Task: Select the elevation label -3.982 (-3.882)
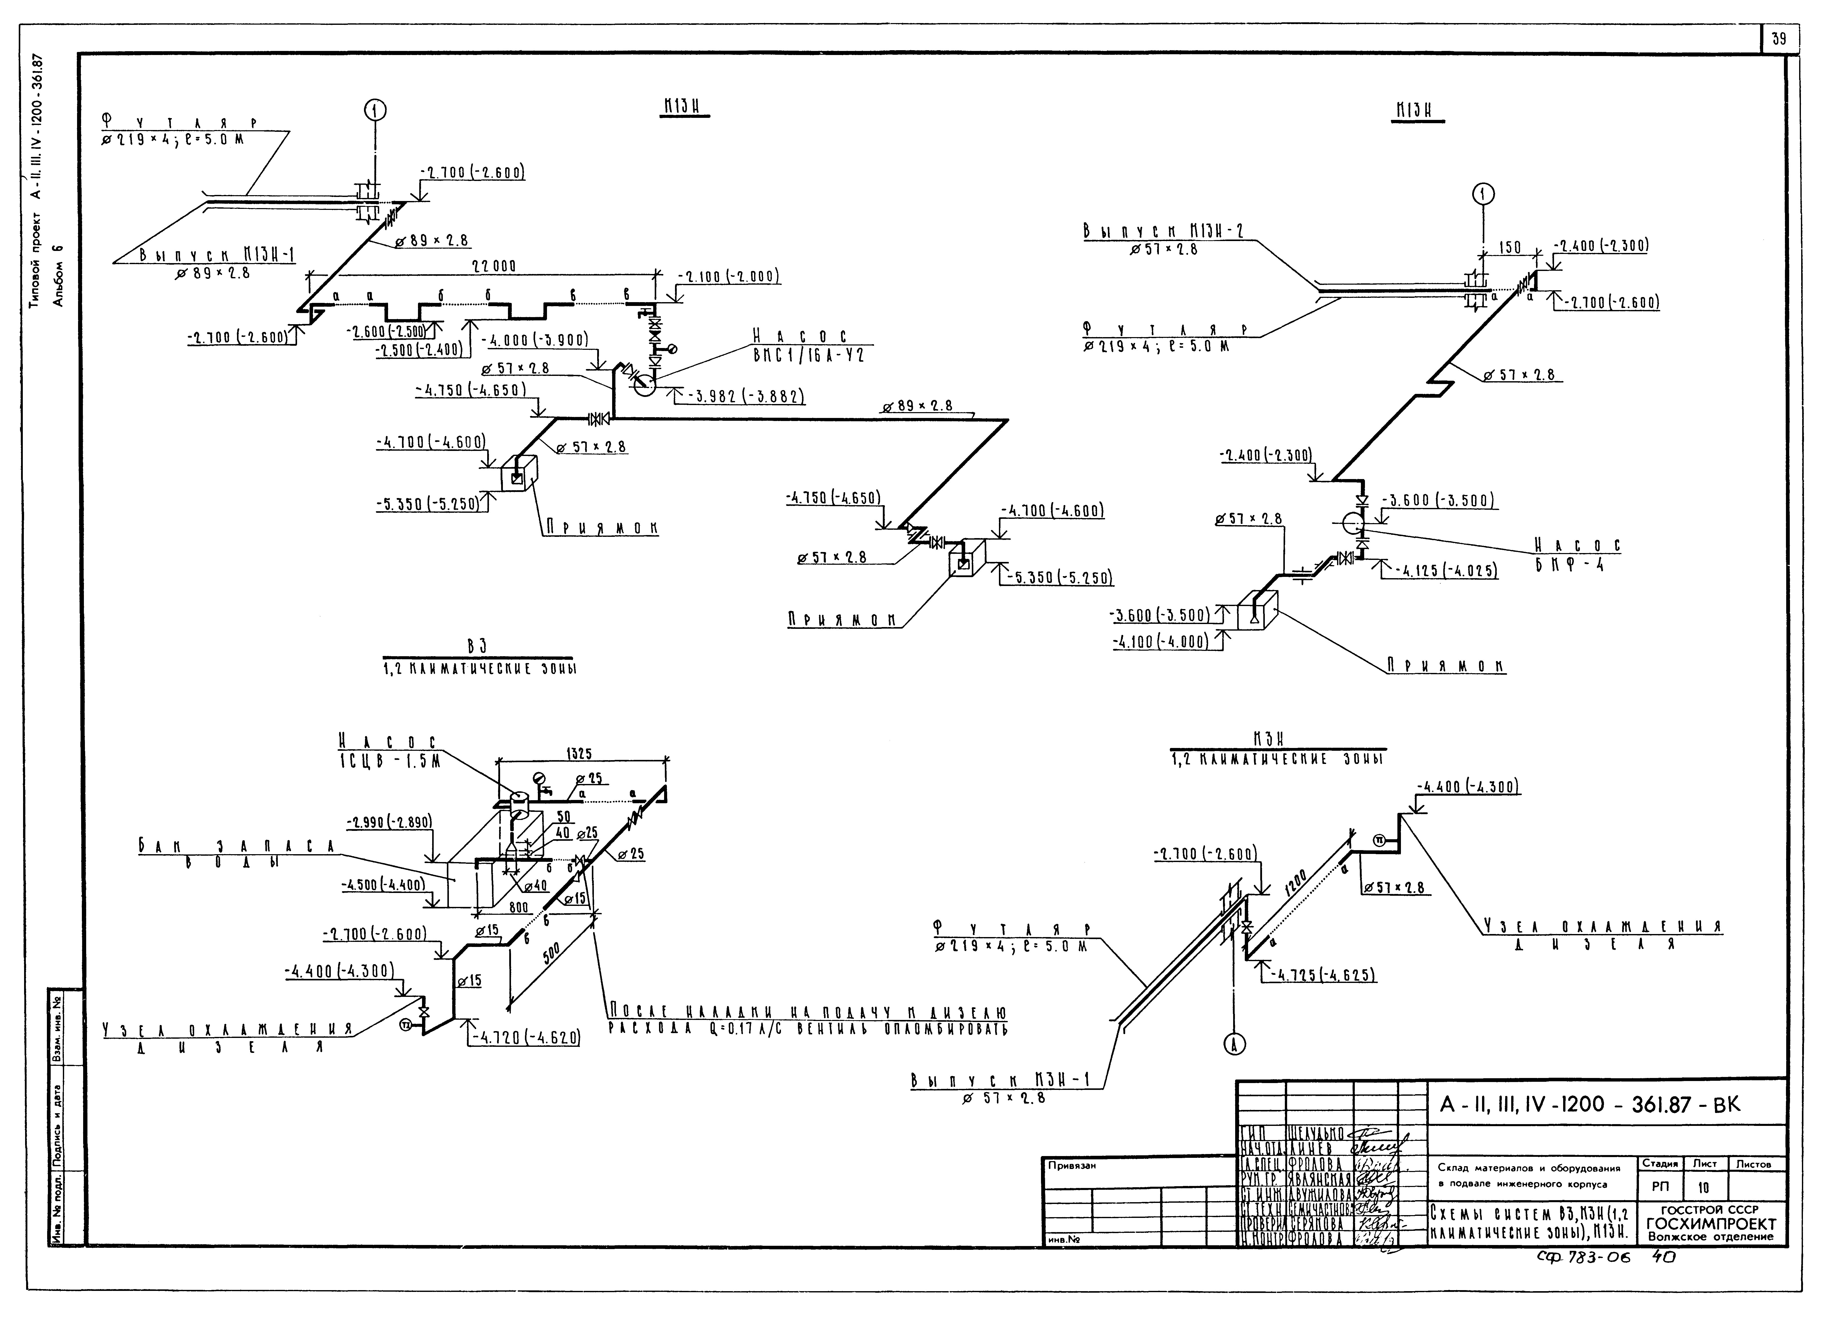[747, 397]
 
